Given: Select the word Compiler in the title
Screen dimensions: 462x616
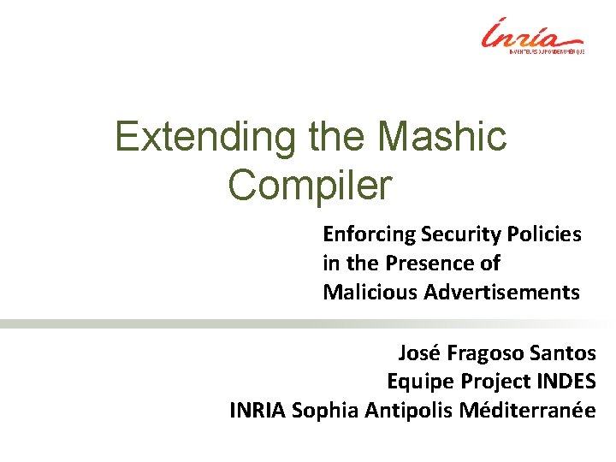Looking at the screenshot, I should coord(311,184).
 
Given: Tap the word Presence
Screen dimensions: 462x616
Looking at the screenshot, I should coord(457,263).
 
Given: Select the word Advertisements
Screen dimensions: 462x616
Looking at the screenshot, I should coord(496,293).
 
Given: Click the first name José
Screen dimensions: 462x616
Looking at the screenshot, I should coord(418,352).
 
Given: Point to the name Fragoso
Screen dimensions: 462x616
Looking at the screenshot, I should coord(485,353).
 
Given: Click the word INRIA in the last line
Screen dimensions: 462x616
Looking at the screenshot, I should coord(258,410).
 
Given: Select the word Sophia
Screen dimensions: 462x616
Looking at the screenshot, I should coord(328,411).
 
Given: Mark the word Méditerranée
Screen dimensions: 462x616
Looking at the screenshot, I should coord(529,410).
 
